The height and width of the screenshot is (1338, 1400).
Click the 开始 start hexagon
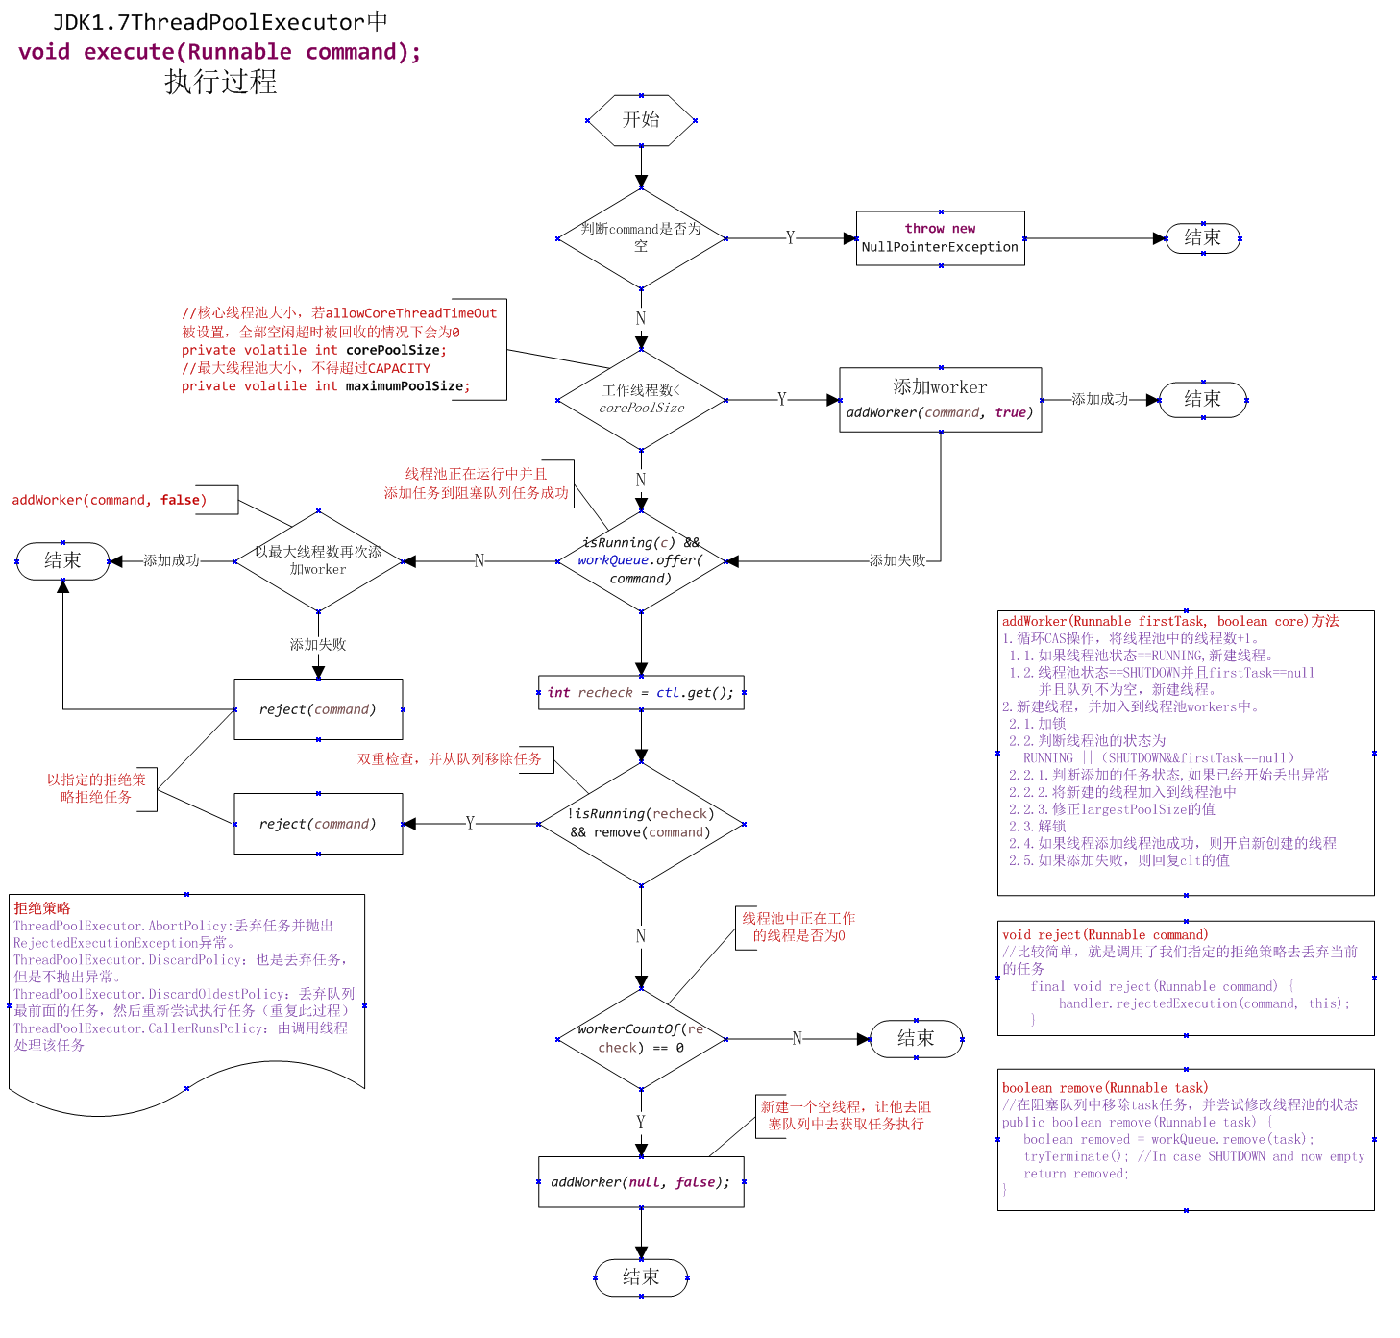pyautogui.click(x=641, y=120)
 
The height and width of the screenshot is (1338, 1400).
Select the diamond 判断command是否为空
pyautogui.click(x=641, y=238)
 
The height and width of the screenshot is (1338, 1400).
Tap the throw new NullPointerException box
pyautogui.click(x=940, y=238)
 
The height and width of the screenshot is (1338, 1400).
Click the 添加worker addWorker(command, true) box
pyautogui.click(x=940, y=400)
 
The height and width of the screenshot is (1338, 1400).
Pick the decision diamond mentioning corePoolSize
pyautogui.click(x=641, y=400)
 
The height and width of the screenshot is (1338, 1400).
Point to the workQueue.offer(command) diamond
pyautogui.click(x=641, y=561)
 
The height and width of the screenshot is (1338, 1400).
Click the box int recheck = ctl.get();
pyautogui.click(x=641, y=692)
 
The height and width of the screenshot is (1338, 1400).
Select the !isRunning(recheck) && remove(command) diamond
pyautogui.click(x=641, y=824)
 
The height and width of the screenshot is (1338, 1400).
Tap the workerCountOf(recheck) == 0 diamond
pyautogui.click(x=641, y=1039)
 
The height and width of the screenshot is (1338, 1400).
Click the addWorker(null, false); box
pyautogui.click(x=641, y=1182)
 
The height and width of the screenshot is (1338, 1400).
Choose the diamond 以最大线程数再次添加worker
pyautogui.click(x=318, y=561)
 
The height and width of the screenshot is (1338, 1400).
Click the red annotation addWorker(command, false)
pyautogui.click(x=110, y=500)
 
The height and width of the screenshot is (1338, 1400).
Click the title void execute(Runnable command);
pyautogui.click(x=220, y=52)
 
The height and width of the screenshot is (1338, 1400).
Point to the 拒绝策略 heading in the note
pyautogui.click(x=42, y=908)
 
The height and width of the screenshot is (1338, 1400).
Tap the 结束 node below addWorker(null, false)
pyautogui.click(x=641, y=1277)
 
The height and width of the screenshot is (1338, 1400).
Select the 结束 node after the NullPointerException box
pyautogui.click(x=1202, y=238)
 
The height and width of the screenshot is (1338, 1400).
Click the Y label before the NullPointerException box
pyautogui.click(x=790, y=238)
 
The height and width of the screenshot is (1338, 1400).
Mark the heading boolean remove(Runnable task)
pyautogui.click(x=1105, y=1088)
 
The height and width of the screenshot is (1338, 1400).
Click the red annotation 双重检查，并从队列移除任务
pyautogui.click(x=450, y=759)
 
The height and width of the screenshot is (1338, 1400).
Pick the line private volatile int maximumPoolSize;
pyautogui.click(x=326, y=386)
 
